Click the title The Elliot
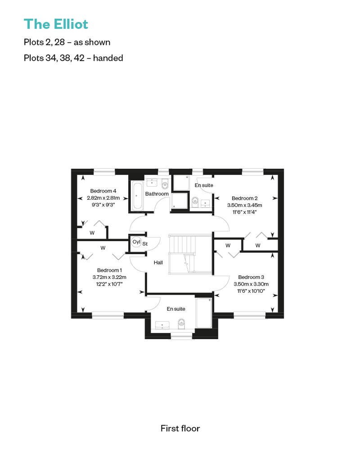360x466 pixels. [x=56, y=24]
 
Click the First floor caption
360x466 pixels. [x=180, y=428]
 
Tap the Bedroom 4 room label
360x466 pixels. [x=103, y=191]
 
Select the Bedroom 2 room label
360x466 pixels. [x=245, y=198]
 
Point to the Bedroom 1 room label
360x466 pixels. [x=109, y=270]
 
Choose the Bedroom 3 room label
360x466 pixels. [x=251, y=277]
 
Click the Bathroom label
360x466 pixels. [x=157, y=194]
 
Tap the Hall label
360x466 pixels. [x=158, y=262]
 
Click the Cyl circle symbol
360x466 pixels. [x=136, y=242]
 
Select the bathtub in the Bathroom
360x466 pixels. [x=137, y=196]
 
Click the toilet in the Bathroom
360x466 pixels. [x=165, y=184]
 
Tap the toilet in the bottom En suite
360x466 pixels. [x=181, y=324]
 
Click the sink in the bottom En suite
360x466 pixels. [x=162, y=325]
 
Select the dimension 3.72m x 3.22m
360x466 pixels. [x=109, y=277]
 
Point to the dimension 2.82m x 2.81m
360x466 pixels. [x=103, y=197]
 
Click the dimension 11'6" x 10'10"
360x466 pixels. [x=251, y=291]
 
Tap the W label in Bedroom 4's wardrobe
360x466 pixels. [x=92, y=233]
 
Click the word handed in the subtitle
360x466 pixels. [x=108, y=58]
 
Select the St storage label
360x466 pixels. [x=145, y=244]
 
